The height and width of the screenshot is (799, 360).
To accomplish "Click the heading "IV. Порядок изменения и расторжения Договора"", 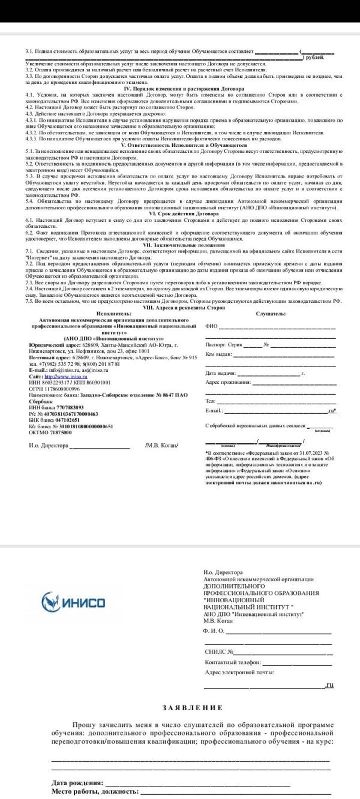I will click(180, 88).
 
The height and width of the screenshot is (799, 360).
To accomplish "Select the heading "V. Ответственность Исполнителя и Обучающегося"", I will click(180, 145).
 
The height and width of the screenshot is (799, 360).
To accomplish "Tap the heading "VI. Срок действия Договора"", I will click(180, 214).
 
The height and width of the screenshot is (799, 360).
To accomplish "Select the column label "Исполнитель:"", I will click(113, 313).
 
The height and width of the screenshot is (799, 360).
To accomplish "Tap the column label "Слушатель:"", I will click(271, 313).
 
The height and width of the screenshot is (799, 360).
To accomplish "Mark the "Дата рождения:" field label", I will click(77, 783).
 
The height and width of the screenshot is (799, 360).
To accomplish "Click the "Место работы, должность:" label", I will click(95, 792).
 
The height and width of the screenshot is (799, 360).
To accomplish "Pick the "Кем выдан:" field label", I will click(219, 354).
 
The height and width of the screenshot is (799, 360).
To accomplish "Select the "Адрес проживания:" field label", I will click(228, 382).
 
